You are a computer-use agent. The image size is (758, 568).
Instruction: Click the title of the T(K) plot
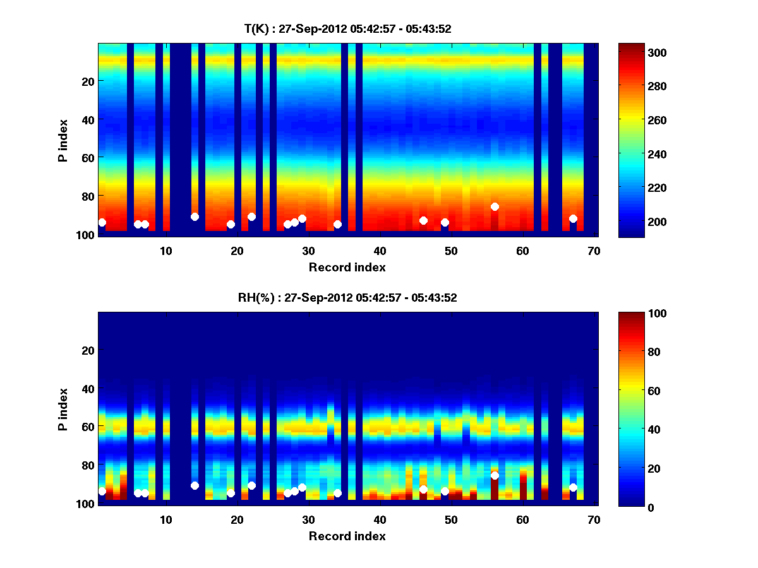(347, 28)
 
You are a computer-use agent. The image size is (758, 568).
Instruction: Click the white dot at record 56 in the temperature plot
(495, 206)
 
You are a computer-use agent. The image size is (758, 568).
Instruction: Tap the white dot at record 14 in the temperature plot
(195, 216)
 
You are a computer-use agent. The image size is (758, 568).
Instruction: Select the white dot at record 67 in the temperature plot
(573, 218)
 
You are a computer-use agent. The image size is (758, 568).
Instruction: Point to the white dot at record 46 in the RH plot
(423, 489)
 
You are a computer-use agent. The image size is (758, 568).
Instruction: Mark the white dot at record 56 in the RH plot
(495, 475)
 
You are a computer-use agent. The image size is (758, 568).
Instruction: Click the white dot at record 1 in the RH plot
(102, 491)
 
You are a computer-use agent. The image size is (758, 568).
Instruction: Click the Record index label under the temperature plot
(347, 267)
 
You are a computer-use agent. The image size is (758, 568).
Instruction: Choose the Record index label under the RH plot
(347, 536)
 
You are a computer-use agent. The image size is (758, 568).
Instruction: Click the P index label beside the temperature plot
(63, 140)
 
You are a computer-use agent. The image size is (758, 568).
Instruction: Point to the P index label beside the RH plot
(63, 409)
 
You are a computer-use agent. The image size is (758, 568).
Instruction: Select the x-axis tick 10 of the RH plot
(165, 519)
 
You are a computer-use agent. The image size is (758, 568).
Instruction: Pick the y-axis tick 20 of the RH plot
(88, 350)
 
